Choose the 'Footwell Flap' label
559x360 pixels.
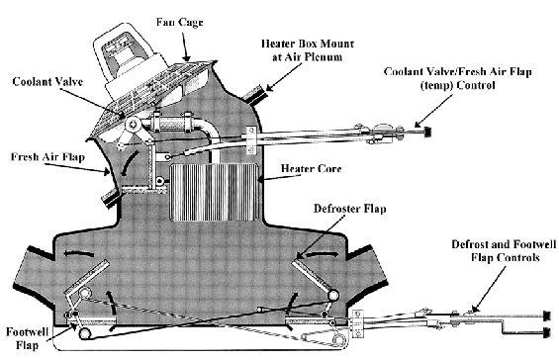pos(22,339)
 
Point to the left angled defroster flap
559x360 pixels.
pos(86,276)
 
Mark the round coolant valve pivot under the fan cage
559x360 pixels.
pos(131,124)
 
